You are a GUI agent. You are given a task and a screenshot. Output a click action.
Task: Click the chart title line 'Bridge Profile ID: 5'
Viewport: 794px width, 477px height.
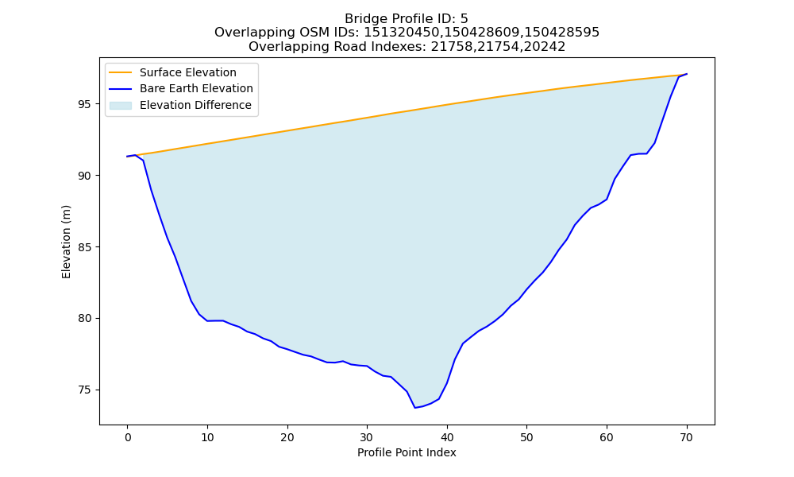click(x=407, y=19)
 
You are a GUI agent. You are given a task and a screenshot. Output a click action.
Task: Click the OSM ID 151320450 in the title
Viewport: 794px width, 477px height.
click(x=400, y=33)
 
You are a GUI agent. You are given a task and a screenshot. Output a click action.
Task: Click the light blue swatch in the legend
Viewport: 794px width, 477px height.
click(x=121, y=106)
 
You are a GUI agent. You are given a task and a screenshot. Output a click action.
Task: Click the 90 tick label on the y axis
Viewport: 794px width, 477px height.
click(x=86, y=176)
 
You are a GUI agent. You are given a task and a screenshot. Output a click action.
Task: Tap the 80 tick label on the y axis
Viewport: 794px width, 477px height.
click(x=86, y=319)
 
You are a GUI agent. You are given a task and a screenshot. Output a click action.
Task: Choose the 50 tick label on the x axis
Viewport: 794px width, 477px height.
click(x=527, y=437)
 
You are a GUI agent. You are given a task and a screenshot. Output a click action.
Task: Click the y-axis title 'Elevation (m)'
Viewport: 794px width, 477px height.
click(x=67, y=242)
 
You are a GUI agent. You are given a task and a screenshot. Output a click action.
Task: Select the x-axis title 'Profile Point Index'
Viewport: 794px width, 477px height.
click(x=407, y=452)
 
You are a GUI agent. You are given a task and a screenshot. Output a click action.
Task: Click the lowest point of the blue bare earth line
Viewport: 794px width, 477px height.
click(x=415, y=408)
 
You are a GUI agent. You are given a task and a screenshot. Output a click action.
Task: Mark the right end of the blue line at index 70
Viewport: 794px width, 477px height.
click(x=687, y=74)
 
